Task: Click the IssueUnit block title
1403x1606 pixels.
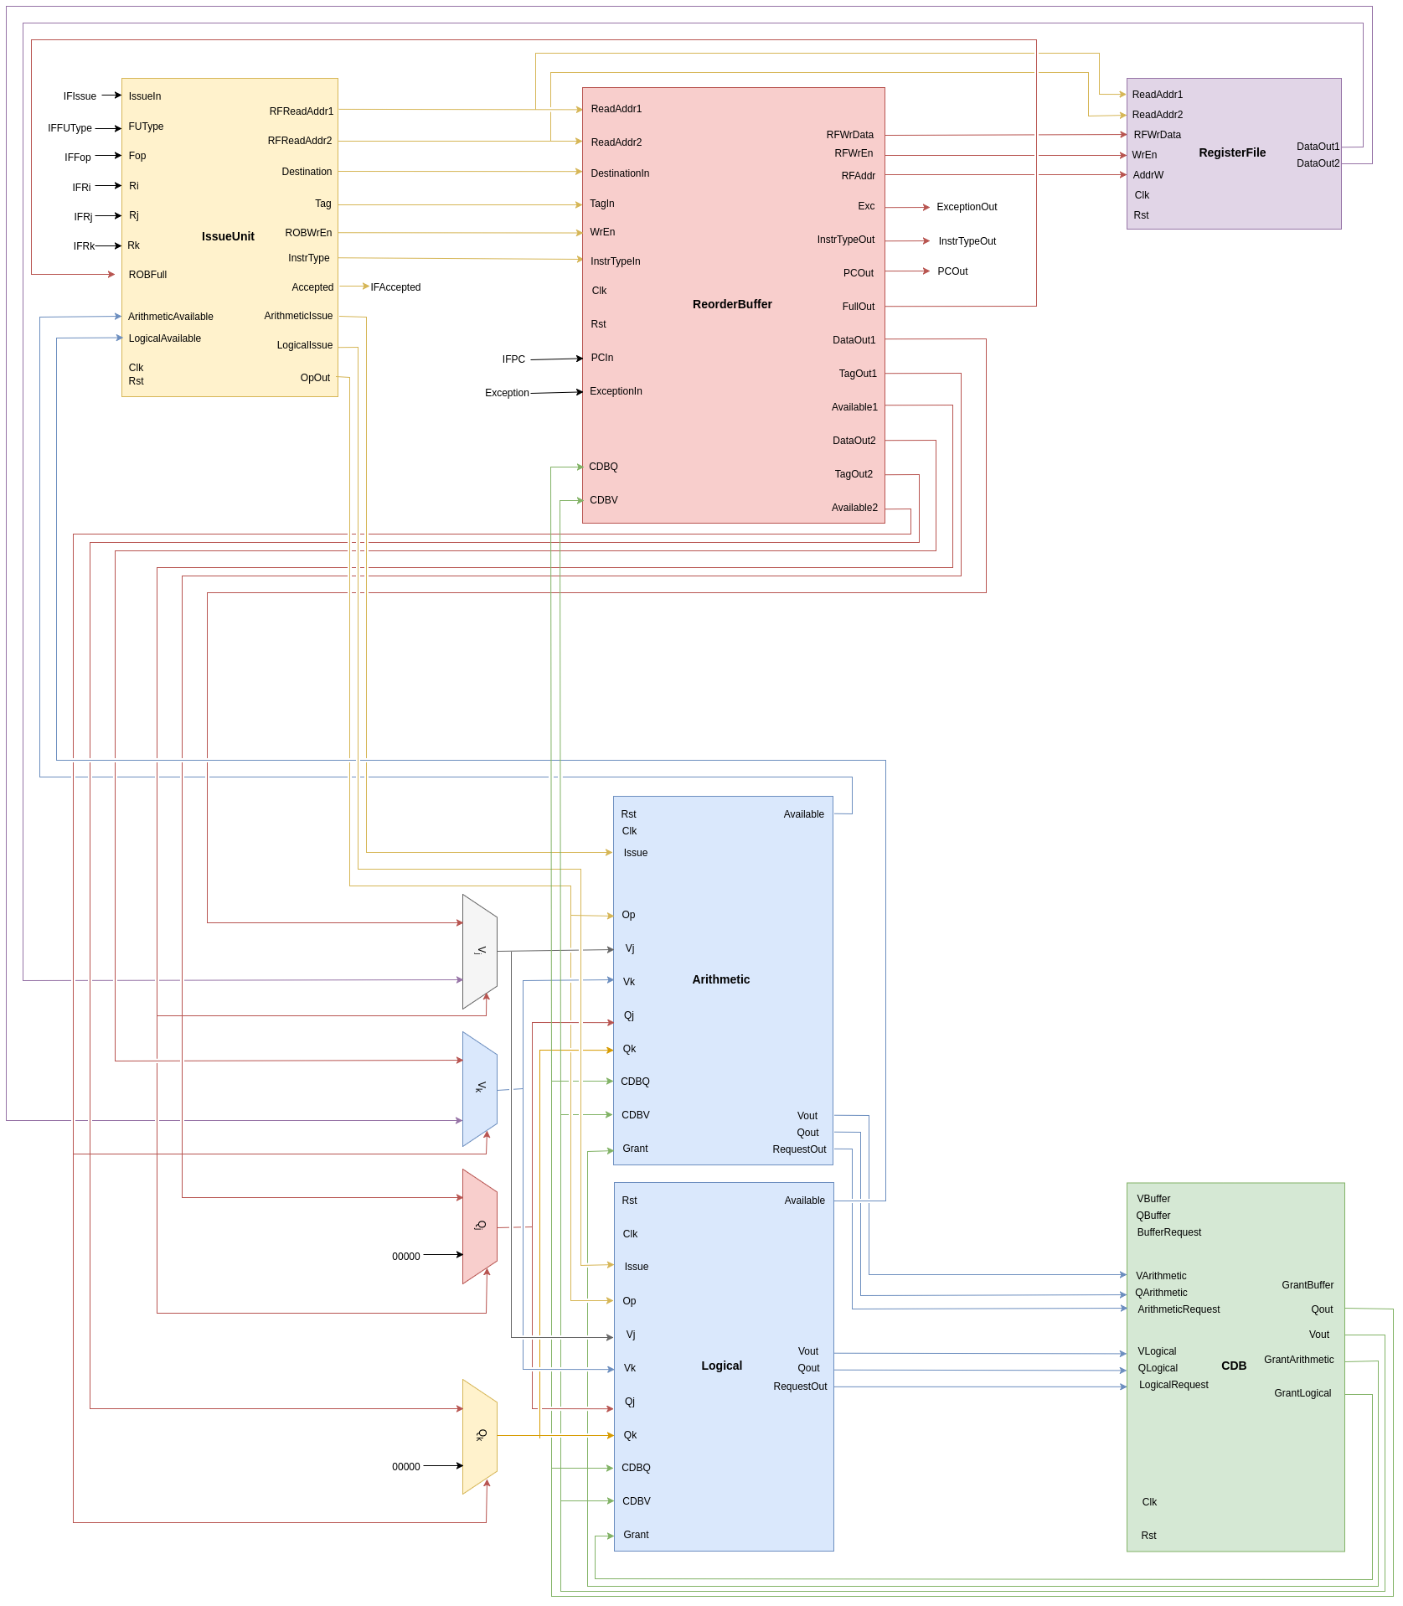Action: point(228,236)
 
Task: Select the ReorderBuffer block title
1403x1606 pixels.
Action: point(732,304)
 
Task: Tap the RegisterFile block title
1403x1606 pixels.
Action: point(1231,152)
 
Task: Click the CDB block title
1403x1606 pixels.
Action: point(1233,1366)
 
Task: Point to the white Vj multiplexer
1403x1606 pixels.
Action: point(480,951)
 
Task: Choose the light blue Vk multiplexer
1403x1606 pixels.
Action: point(480,1088)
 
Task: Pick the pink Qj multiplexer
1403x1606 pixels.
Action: point(480,1226)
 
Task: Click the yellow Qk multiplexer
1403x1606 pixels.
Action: point(480,1436)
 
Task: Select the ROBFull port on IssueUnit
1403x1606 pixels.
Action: point(147,275)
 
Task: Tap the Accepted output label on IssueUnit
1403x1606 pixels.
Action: point(312,287)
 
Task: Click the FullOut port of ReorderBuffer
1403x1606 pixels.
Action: point(858,307)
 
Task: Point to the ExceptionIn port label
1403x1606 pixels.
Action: point(616,391)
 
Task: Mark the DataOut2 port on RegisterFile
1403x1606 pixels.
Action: point(1318,163)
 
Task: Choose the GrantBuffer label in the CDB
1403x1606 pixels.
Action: point(1307,1285)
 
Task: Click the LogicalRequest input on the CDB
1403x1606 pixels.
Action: point(1173,1385)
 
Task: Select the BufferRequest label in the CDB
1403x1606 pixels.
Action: point(1168,1232)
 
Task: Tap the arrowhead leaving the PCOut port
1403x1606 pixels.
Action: point(926,271)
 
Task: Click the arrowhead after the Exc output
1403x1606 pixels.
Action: point(926,207)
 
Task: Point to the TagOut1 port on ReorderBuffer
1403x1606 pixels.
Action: point(858,374)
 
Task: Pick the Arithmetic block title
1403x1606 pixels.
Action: point(720,979)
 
